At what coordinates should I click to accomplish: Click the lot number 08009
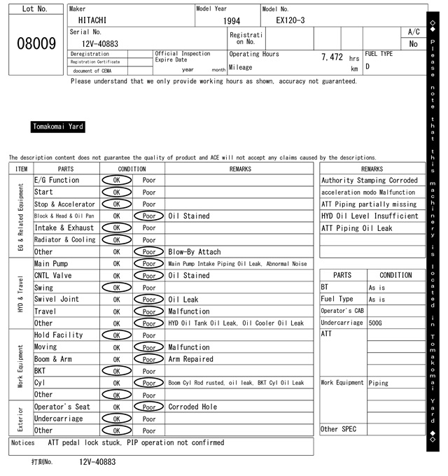point(36,43)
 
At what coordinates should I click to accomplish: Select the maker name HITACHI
point(92,20)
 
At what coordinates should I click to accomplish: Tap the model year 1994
point(231,21)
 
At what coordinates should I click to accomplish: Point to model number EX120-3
point(286,20)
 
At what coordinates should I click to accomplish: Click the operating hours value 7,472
point(331,57)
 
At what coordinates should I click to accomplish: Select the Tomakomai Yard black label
point(58,127)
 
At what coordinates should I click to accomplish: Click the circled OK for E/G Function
point(117,180)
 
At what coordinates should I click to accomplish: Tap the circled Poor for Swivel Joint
point(149,300)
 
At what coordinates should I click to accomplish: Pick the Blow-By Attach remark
point(194,252)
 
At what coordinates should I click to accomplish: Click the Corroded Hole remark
point(192,407)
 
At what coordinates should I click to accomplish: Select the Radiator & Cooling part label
point(64,239)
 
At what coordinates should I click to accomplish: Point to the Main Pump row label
point(51,264)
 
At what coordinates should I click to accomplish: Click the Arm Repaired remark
point(190,359)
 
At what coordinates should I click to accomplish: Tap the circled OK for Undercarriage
point(117,419)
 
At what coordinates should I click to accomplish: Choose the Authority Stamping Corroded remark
point(369,181)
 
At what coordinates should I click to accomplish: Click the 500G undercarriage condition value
point(375,323)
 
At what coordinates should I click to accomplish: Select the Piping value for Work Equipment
point(378,383)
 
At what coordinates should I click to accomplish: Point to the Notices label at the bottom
point(23,442)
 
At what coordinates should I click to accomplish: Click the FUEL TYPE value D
point(367,67)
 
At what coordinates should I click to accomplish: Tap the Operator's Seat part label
point(62,407)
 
